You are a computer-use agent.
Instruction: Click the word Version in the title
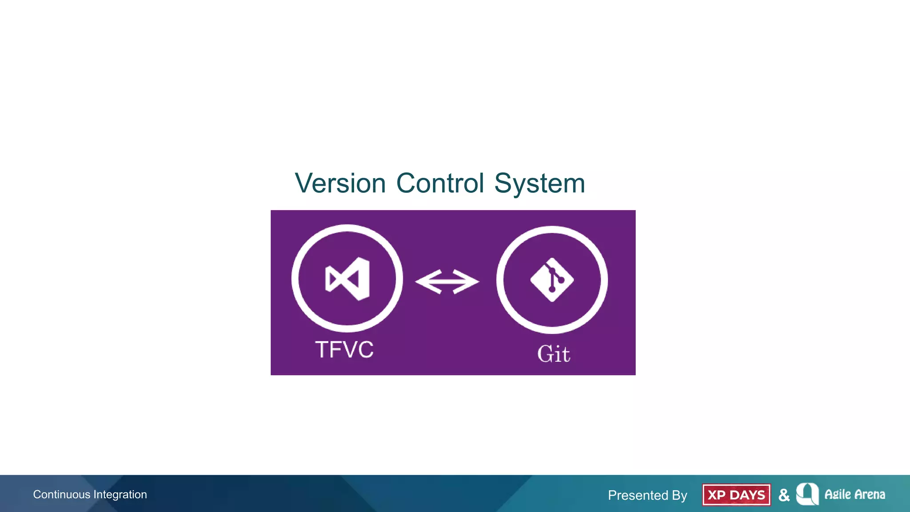340,184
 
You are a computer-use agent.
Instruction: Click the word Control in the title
440,184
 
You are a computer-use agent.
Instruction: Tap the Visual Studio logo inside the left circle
347,279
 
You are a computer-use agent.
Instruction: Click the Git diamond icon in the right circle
552,280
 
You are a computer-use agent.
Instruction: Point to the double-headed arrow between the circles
447,282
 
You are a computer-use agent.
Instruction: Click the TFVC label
344,350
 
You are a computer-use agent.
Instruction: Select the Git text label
554,354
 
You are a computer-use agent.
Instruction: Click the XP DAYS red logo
736,495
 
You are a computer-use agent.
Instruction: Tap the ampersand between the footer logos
784,495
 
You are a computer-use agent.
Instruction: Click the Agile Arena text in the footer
854,495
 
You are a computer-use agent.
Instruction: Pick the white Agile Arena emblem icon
807,494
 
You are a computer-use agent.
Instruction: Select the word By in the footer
679,495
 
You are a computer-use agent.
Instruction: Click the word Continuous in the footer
61,495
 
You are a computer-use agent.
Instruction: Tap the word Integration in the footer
120,495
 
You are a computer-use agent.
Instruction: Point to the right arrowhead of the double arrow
468,282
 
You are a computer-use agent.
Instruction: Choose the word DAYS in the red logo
747,495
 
